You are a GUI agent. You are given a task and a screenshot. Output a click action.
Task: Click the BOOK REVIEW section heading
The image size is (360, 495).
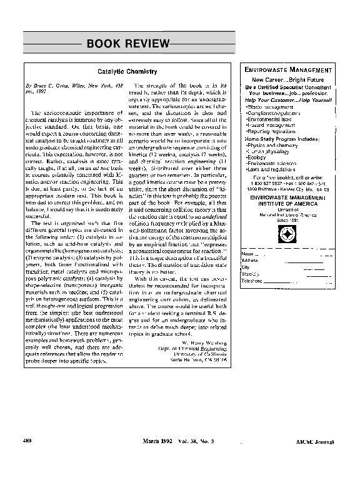(x=127, y=43)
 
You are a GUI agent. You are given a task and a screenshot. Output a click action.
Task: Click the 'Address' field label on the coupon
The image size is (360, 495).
(x=250, y=261)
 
